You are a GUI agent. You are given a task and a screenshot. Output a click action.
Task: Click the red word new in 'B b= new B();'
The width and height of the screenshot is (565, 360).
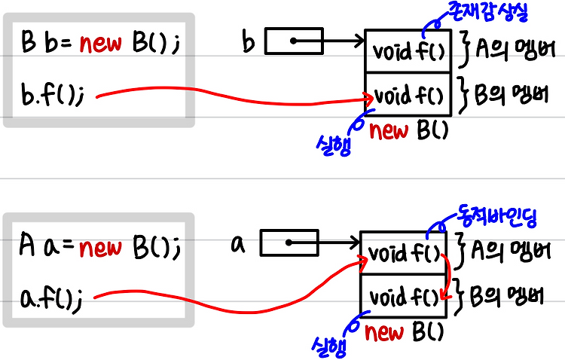101,44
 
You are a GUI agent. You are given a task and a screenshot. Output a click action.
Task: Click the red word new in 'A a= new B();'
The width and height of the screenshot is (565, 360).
100,248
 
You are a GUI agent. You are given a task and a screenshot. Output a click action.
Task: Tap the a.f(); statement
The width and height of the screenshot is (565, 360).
51,298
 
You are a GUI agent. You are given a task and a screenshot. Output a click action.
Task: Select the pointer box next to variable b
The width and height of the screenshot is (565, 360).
294,41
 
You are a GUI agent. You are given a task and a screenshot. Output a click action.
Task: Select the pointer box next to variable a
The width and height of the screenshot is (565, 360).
289,243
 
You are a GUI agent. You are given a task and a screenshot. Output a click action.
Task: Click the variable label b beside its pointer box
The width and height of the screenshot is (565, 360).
249,42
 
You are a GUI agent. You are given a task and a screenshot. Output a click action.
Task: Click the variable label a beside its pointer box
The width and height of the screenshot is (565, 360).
238,244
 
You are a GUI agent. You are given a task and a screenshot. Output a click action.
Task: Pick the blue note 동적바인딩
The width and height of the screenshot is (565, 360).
496,216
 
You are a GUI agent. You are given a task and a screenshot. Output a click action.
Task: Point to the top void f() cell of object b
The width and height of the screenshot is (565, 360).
408,50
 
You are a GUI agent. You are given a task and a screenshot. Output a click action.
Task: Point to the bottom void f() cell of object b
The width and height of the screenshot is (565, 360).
408,94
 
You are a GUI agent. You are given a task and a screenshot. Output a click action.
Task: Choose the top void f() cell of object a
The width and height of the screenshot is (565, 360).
404,253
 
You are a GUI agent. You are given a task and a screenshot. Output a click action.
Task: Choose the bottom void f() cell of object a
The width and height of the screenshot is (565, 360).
404,296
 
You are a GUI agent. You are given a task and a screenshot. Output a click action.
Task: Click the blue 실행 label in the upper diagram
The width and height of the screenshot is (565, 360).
334,145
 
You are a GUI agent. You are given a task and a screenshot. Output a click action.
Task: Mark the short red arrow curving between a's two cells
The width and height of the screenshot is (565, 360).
448,276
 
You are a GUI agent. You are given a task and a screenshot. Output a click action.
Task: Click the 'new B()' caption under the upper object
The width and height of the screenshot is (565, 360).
408,130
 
